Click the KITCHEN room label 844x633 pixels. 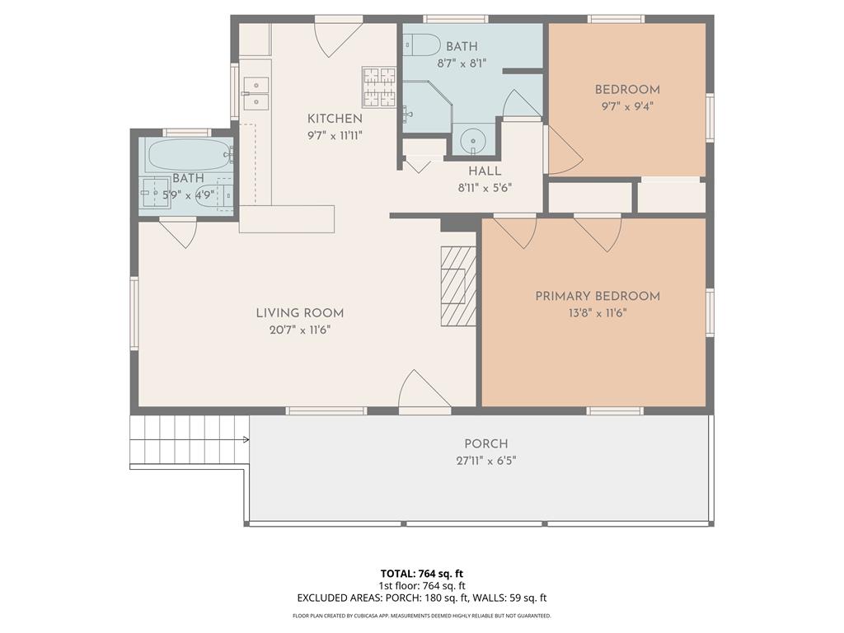[335, 119]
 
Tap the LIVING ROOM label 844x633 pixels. [299, 312]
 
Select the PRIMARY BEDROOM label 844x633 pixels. [598, 296]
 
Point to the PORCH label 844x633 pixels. [486, 444]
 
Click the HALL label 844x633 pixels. [485, 171]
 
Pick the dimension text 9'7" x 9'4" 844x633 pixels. [627, 106]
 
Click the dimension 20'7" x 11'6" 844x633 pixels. [300, 330]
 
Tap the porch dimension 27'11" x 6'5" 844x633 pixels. [486, 461]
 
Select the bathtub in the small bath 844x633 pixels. [189, 155]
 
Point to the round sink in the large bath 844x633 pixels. [473, 141]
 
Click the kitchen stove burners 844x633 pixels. [379, 87]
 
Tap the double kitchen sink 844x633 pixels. [256, 93]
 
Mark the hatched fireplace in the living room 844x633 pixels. [458, 286]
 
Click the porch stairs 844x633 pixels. [190, 440]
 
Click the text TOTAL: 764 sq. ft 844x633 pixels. [422, 574]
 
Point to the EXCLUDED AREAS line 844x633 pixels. [422, 598]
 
